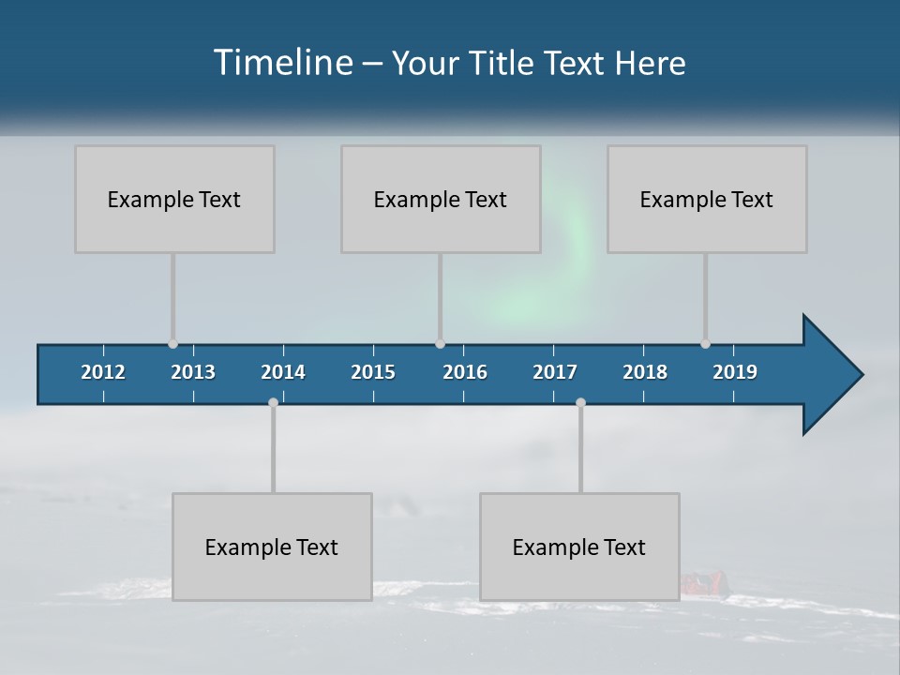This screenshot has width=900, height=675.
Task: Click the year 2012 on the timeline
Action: (x=103, y=372)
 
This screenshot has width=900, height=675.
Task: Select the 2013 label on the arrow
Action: (x=193, y=372)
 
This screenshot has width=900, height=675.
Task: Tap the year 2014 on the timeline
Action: (x=283, y=372)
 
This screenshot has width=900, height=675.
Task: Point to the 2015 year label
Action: (x=373, y=372)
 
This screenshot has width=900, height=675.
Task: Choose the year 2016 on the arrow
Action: (x=465, y=372)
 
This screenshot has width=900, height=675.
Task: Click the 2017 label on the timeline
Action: (x=555, y=372)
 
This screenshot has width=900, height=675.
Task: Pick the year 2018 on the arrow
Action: (x=645, y=372)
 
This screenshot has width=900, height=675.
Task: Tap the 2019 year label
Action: (x=735, y=372)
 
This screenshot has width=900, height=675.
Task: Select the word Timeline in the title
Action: (x=282, y=63)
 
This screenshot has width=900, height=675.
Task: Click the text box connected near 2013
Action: (x=174, y=199)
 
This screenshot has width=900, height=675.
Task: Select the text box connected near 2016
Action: (x=441, y=199)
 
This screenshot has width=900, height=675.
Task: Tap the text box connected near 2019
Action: (x=707, y=199)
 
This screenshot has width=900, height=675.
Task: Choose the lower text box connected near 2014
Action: (x=272, y=547)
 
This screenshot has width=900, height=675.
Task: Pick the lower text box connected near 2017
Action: (x=579, y=547)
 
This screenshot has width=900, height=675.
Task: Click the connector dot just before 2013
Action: (x=172, y=344)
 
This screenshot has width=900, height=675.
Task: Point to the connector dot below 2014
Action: (x=273, y=403)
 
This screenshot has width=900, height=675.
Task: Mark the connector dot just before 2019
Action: (x=705, y=344)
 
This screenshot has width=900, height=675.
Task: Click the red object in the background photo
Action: (x=701, y=585)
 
